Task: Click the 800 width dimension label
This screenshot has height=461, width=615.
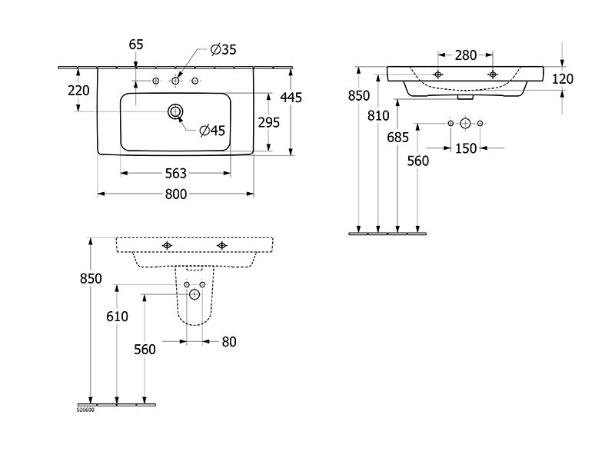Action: tap(176, 194)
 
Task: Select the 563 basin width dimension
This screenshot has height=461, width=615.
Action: tap(176, 174)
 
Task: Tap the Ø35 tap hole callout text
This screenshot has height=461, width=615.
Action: tap(223, 49)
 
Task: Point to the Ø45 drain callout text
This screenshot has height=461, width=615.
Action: tap(212, 130)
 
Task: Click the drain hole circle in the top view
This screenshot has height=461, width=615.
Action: tap(175, 111)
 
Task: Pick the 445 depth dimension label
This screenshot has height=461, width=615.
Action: tap(291, 98)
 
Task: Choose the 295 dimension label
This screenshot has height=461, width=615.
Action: tap(269, 123)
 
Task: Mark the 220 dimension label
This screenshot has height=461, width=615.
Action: tap(79, 91)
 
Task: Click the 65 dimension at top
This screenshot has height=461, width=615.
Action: tap(136, 45)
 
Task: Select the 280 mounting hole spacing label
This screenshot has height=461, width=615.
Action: tap(466, 55)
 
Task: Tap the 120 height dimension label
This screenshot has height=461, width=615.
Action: tap(563, 79)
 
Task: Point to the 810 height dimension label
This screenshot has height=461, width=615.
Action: tap(378, 116)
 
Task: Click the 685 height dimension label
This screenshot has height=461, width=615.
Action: tap(397, 138)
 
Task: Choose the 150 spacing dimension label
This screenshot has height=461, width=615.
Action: tap(466, 148)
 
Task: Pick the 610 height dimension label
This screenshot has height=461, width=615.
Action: tap(118, 317)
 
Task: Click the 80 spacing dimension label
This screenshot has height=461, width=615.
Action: tap(229, 342)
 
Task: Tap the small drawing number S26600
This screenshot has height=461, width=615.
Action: tap(85, 410)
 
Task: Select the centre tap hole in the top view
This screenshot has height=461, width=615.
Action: tap(175, 81)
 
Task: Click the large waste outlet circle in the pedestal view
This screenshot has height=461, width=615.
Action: tap(194, 294)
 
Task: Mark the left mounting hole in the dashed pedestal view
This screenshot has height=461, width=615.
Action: tap(167, 245)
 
